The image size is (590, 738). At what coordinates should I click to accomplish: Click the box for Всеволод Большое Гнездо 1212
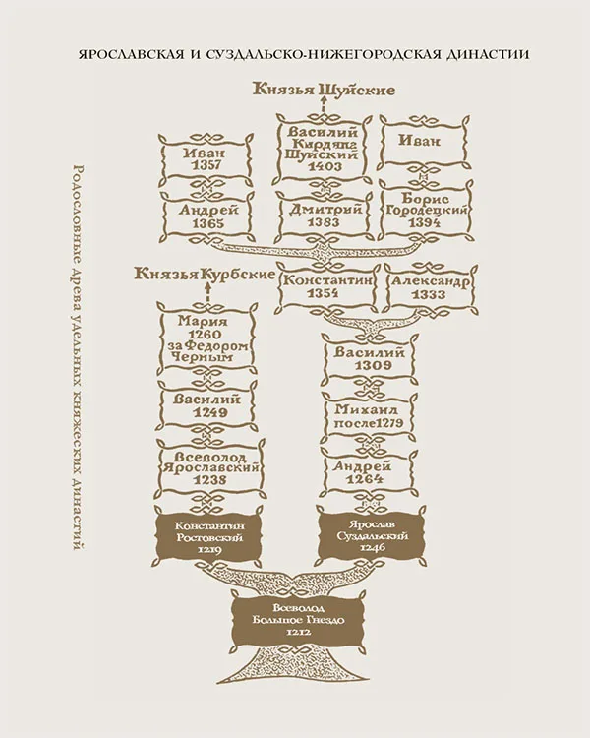(x=298, y=619)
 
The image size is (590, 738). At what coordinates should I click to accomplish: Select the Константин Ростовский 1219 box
(x=206, y=537)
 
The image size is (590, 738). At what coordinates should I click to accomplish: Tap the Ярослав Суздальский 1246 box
(x=372, y=535)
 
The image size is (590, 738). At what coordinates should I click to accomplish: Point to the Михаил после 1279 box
(x=369, y=415)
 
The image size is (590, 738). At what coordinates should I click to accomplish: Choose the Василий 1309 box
(x=369, y=358)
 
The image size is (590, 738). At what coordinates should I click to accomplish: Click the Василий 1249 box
(x=206, y=406)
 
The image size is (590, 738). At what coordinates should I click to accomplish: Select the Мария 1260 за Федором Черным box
(x=206, y=339)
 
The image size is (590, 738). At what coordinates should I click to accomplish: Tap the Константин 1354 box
(x=328, y=286)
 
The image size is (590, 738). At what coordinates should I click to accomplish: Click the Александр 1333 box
(x=430, y=286)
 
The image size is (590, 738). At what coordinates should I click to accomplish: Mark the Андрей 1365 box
(x=207, y=215)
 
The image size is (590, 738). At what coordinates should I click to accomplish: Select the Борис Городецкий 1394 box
(x=426, y=210)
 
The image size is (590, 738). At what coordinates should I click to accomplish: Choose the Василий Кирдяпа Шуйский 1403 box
(x=323, y=149)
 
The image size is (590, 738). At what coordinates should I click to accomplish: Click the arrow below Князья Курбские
(x=206, y=294)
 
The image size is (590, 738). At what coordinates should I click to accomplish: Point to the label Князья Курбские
(x=205, y=274)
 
